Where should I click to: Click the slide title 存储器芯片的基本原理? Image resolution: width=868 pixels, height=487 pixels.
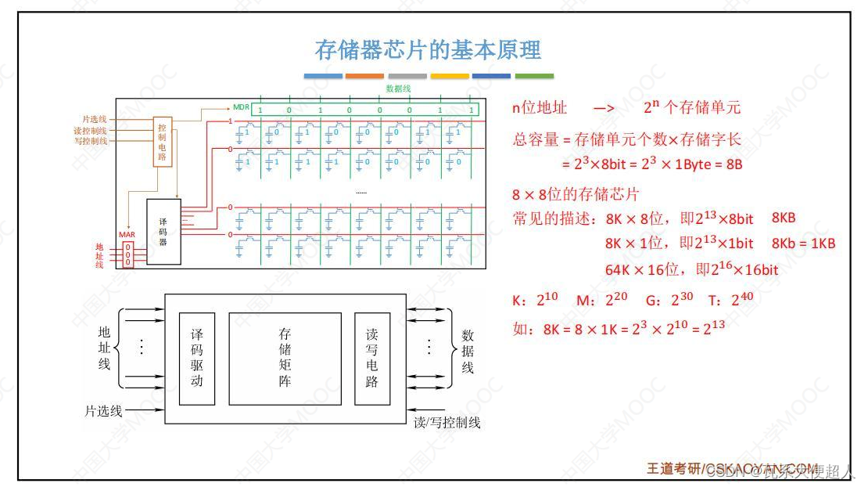[x=428, y=50]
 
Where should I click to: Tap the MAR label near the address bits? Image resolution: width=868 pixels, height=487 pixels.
[x=127, y=235]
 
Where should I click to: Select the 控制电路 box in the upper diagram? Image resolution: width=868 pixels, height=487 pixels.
[x=162, y=142]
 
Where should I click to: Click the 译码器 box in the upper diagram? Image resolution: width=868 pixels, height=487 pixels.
[x=163, y=232]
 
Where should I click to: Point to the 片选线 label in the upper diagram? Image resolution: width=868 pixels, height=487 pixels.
[x=94, y=119]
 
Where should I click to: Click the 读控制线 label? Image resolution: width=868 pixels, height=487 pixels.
[x=91, y=130]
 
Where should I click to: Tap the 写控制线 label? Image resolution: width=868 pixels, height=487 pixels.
[x=91, y=141]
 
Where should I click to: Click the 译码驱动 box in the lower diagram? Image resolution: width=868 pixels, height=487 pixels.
[x=197, y=358]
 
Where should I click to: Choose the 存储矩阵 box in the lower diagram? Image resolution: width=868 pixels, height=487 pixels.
[x=285, y=358]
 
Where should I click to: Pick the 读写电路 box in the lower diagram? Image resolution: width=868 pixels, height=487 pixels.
[x=371, y=358]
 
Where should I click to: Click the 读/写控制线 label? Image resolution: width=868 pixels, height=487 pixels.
[x=447, y=423]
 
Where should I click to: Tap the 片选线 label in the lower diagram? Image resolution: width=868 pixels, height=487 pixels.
[x=103, y=410]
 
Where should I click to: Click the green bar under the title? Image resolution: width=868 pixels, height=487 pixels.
[x=534, y=76]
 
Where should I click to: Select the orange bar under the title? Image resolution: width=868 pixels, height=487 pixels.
[x=364, y=76]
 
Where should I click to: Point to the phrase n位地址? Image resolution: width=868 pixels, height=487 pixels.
[x=540, y=108]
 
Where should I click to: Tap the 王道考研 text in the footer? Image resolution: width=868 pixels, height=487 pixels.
[x=673, y=468]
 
